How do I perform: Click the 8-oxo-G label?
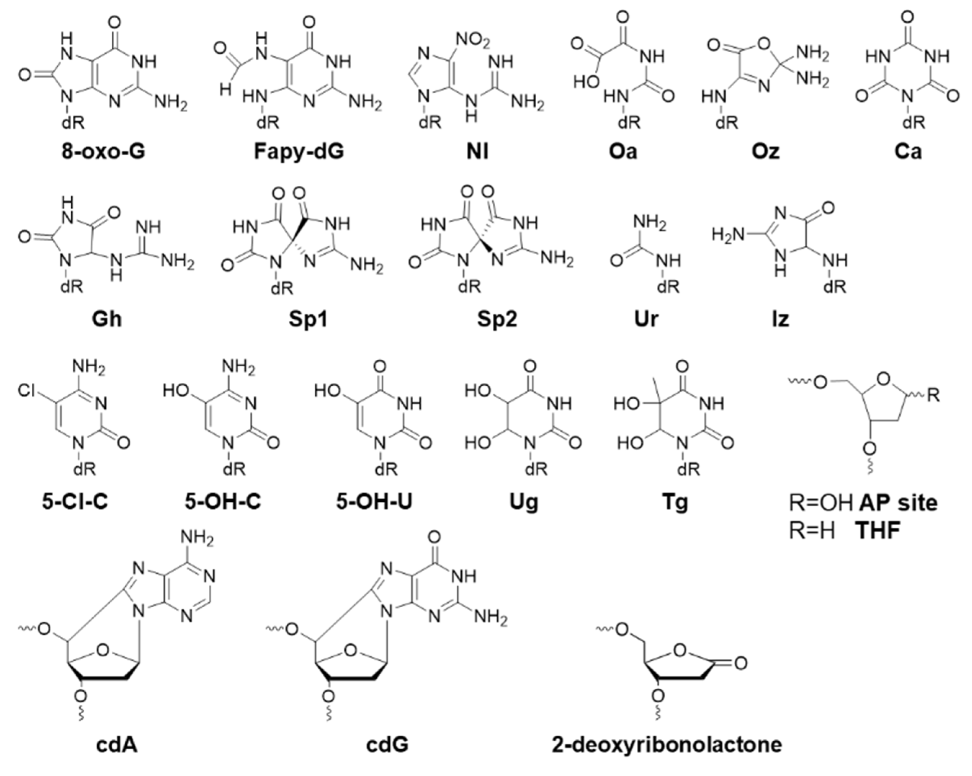point(103,151)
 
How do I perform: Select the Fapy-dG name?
point(299,151)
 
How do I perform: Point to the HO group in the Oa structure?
point(586,82)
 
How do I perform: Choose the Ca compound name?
point(908,151)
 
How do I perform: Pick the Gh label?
point(107,319)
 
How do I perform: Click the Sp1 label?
point(308,319)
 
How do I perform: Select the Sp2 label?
point(497,319)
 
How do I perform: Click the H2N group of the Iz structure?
point(726,235)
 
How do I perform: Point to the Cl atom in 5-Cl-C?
point(26,390)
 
